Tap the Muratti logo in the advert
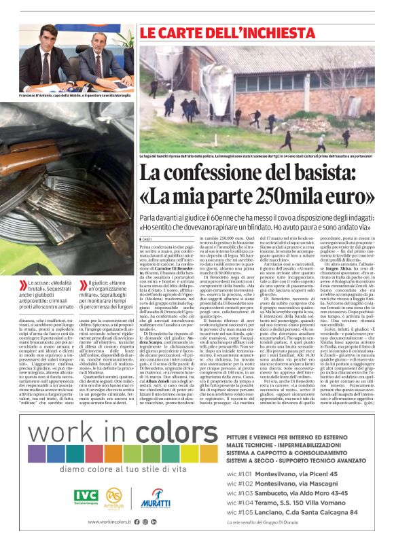(156, 500)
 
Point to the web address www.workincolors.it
(109, 522)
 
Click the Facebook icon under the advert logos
(137, 522)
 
